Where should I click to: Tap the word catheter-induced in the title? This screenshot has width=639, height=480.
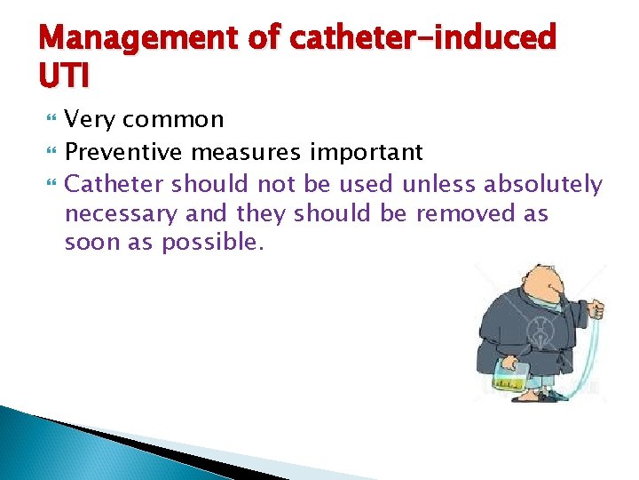pyautogui.click(x=424, y=40)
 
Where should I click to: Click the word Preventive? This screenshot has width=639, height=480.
pyautogui.click(x=127, y=152)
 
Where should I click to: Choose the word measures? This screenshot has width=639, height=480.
pyautogui.click(x=249, y=152)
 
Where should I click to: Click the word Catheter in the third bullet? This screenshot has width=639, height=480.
pyautogui.click(x=114, y=184)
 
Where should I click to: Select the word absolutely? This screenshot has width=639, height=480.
pyautogui.click(x=543, y=184)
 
